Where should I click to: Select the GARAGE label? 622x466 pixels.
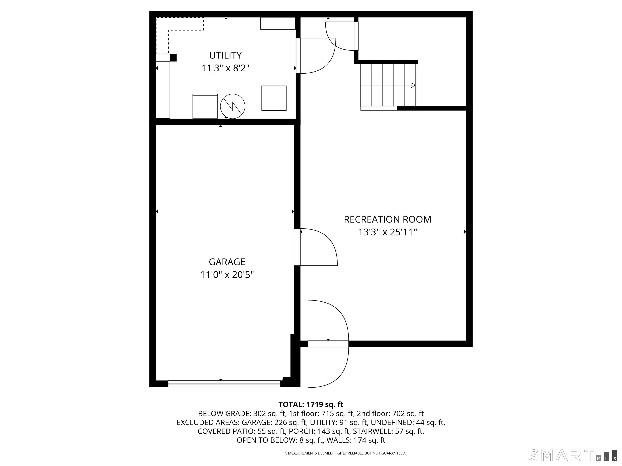point(227,262)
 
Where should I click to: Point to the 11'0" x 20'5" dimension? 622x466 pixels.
point(227,275)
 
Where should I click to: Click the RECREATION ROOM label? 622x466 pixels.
point(388,219)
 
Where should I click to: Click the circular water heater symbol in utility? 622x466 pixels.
point(233,106)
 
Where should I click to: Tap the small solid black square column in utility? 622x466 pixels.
point(173,58)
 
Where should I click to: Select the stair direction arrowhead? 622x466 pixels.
point(413,85)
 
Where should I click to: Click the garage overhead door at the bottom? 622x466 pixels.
point(224,384)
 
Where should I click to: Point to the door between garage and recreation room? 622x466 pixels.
point(316,247)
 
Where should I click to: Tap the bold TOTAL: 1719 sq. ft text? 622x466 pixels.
point(311,405)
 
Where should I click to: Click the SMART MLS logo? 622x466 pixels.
point(573,455)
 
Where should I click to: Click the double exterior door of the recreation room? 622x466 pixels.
point(328,344)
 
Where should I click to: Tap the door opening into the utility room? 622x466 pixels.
point(316,56)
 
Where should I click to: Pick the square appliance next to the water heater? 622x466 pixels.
point(274,98)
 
